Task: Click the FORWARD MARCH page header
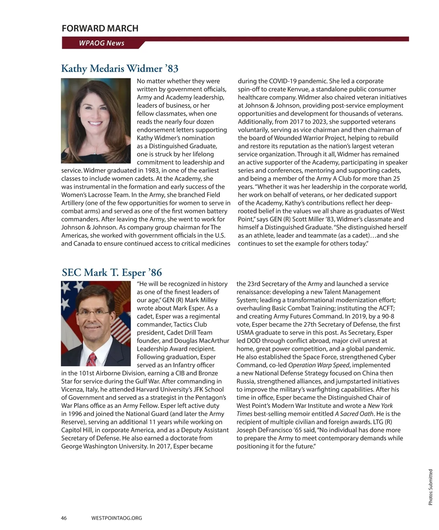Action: tap(100, 28)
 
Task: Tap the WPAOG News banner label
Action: tap(101, 43)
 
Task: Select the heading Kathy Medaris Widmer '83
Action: tap(120, 68)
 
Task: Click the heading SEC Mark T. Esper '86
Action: tap(112, 272)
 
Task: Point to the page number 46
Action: tap(64, 518)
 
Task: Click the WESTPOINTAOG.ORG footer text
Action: tap(116, 518)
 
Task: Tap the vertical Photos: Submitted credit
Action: tap(431, 487)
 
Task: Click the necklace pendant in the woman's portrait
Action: tap(96, 149)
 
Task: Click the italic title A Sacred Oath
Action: tap(354, 414)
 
